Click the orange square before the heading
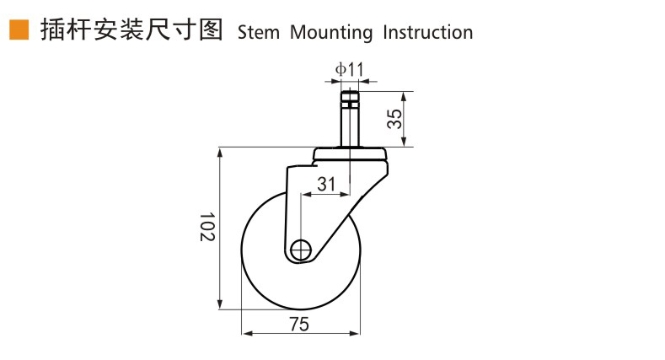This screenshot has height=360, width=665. (19, 31)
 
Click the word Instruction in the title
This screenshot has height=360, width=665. (427, 33)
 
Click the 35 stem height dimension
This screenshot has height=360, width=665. (394, 119)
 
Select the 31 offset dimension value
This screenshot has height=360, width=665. (327, 183)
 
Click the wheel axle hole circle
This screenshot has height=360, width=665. (301, 249)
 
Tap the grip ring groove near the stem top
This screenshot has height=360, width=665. (349, 103)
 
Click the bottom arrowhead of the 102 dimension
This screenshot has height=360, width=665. (221, 304)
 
